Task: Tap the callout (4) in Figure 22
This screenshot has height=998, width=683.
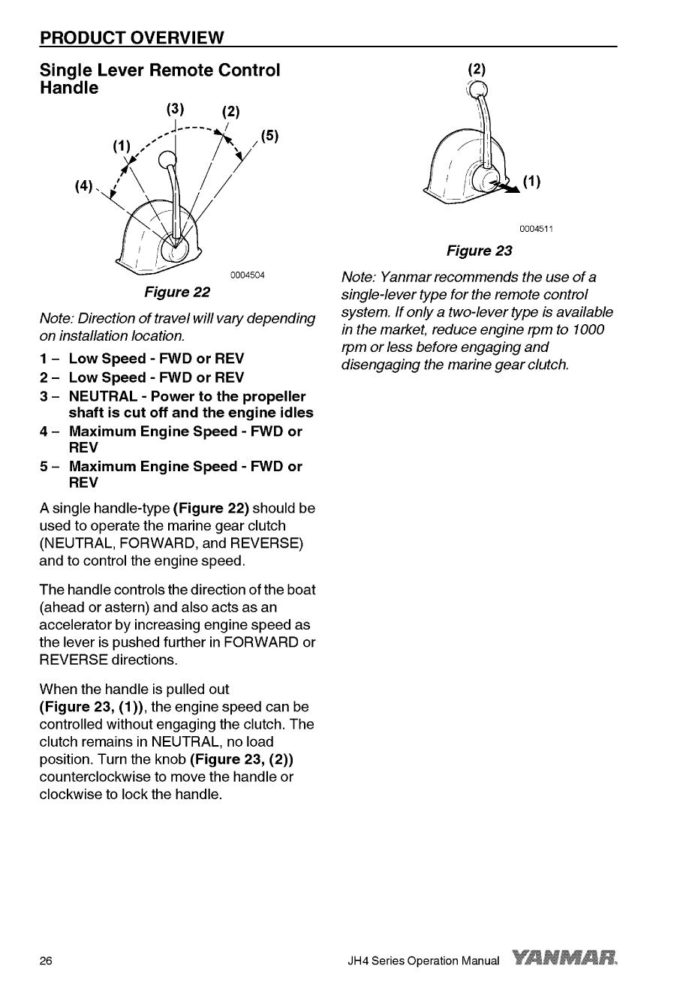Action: coord(83,184)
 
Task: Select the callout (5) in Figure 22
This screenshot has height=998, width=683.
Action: coord(270,136)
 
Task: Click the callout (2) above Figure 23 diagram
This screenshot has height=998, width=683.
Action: coord(477,69)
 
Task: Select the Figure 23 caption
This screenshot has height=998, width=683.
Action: coord(479,251)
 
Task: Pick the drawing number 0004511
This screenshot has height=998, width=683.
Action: coord(535,230)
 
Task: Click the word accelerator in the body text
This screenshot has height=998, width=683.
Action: coord(78,625)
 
